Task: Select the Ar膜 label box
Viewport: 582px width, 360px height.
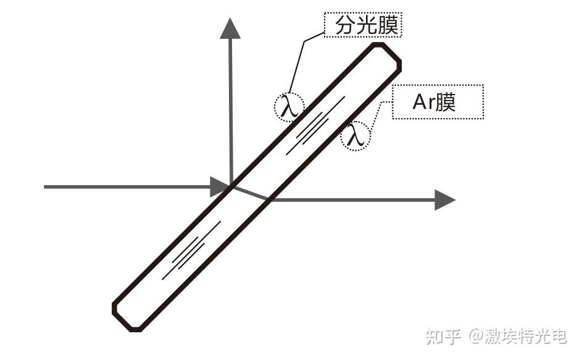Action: coord(438,102)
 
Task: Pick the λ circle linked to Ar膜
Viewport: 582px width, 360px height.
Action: coord(355,135)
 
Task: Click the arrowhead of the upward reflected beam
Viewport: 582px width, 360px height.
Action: coord(230,28)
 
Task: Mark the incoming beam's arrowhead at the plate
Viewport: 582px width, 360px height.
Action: coord(220,186)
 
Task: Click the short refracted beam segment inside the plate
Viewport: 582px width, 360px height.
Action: coord(250,192)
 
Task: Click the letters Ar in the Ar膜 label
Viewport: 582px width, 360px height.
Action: coord(423,102)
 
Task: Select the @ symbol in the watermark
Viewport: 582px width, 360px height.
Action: coord(475,337)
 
